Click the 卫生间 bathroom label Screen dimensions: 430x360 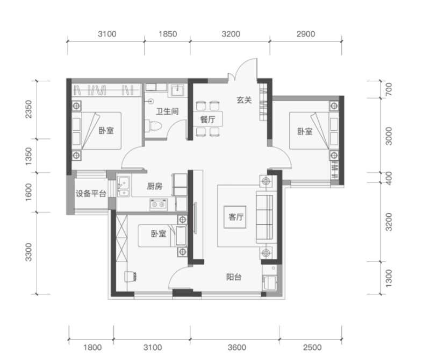pyautogui.click(x=167, y=111)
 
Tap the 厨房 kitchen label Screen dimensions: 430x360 pyautogui.click(x=154, y=186)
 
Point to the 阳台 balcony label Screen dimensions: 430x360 pyautogui.click(x=234, y=277)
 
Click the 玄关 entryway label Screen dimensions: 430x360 pyautogui.click(x=244, y=100)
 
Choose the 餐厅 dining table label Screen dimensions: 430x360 pyautogui.click(x=207, y=119)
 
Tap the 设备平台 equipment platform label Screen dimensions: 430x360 pyautogui.click(x=91, y=194)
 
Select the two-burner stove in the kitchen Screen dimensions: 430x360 pyautogui.click(x=158, y=204)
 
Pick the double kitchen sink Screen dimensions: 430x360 pyautogui.click(x=124, y=187)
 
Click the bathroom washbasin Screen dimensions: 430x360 pyautogui.click(x=178, y=89)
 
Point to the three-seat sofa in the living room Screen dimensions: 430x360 pyautogui.click(x=264, y=217)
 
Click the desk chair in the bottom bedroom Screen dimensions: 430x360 pyautogui.click(x=130, y=276)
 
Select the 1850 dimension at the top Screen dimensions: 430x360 pyautogui.click(x=168, y=34)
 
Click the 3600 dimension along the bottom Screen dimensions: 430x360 pyautogui.click(x=236, y=348)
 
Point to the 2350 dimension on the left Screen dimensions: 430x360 pyautogui.click(x=28, y=109)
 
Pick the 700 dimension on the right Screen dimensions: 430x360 pyautogui.click(x=389, y=89)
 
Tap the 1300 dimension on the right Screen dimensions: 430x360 pyautogui.click(x=389, y=278)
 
